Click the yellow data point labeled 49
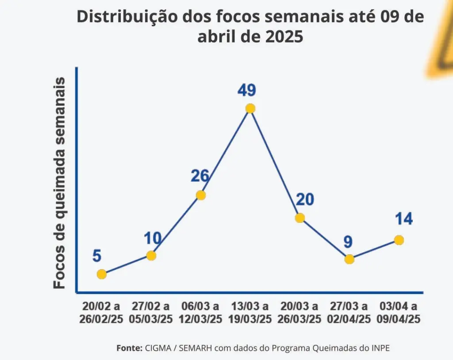(x=250, y=108)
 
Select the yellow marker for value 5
(x=102, y=274)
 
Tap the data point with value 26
(x=201, y=195)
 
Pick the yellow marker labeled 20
(x=300, y=218)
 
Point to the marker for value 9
(x=349, y=259)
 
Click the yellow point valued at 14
(x=399, y=240)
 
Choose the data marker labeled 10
(x=151, y=255)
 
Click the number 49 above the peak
(x=246, y=90)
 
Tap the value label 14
(x=404, y=219)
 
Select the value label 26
(x=200, y=176)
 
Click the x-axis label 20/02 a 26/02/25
(x=101, y=313)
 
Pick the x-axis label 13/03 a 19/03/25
(x=250, y=313)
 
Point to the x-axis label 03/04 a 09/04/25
(x=399, y=313)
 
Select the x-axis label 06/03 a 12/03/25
(x=200, y=313)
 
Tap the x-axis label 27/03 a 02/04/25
(x=349, y=313)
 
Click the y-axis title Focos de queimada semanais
(x=59, y=183)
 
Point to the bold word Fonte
(x=129, y=348)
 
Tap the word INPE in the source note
(x=380, y=348)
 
